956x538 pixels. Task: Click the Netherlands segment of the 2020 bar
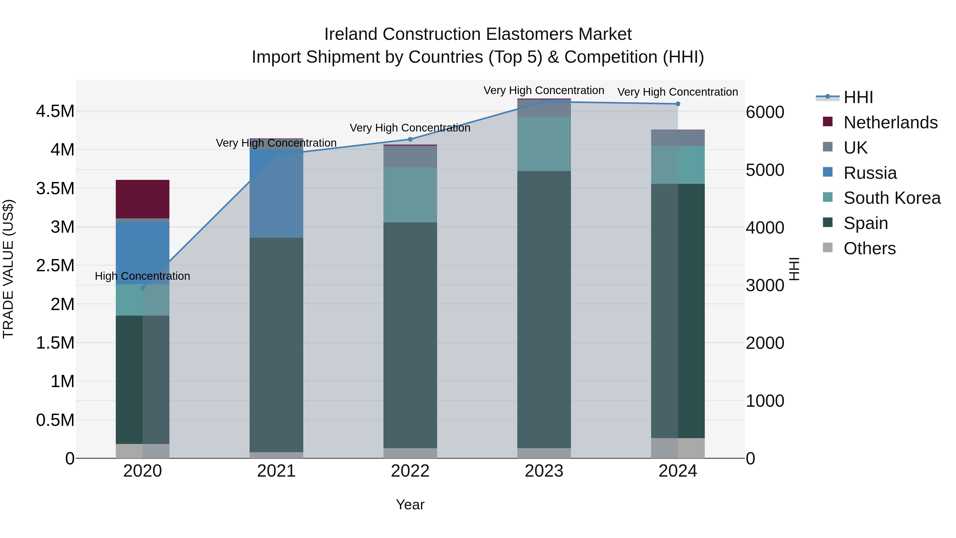[143, 199]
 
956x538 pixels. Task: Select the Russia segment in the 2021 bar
[276, 193]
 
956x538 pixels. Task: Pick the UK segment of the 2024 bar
[678, 138]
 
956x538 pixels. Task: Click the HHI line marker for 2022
[410, 139]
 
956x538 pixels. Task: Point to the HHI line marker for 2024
[678, 104]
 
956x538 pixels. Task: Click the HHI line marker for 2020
[143, 288]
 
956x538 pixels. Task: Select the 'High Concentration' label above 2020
[143, 276]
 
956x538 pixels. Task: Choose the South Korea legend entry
[891, 198]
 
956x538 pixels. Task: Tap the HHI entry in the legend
[858, 97]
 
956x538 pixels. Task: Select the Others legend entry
[869, 248]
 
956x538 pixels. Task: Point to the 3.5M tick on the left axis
[55, 189]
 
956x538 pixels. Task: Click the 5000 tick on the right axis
[765, 170]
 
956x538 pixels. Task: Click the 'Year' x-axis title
[410, 505]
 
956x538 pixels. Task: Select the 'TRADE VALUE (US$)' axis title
[8, 269]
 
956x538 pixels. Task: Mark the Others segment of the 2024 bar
[678, 448]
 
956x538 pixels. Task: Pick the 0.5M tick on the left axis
[55, 420]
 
